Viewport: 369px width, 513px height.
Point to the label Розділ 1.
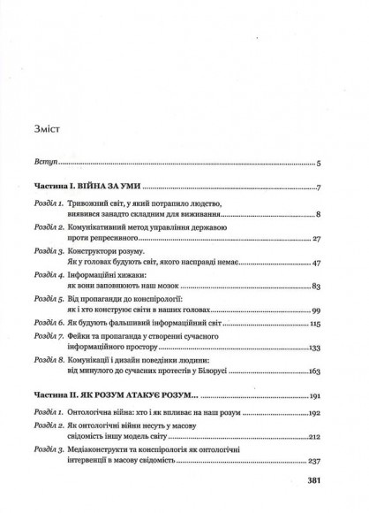[x=48, y=204]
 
